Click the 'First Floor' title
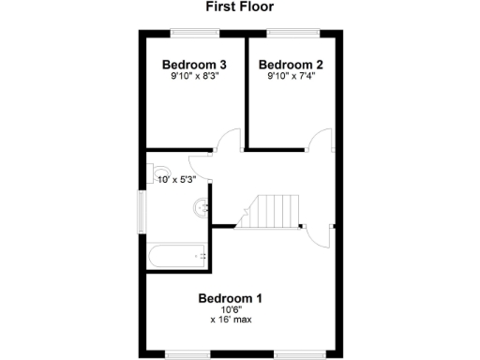[240, 7]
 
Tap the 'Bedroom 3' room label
[194, 65]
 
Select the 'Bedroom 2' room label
[291, 65]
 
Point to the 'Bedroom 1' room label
[230, 298]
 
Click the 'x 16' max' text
[230, 320]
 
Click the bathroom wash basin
[200, 208]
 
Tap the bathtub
[177, 254]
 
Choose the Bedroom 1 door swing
[320, 234]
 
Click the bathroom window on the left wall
[142, 212]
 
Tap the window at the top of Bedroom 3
[195, 34]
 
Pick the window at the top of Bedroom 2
[292, 34]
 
